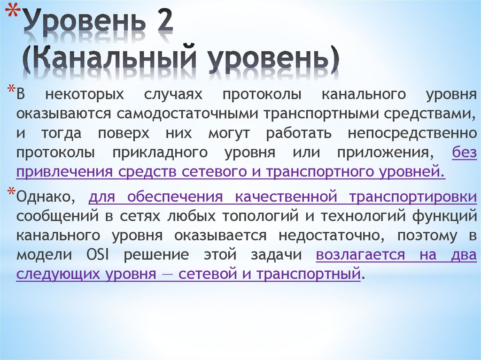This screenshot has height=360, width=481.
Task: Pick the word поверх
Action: [x=124, y=133]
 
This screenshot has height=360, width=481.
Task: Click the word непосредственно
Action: [x=412, y=133]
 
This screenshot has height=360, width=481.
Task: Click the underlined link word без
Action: [x=464, y=153]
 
